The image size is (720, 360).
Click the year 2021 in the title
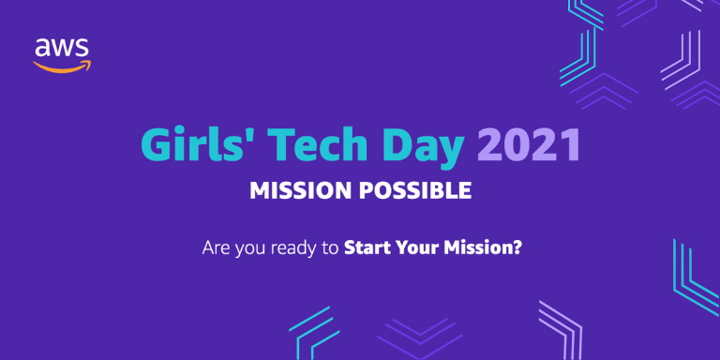tap(528, 146)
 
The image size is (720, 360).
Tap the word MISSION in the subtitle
tap(299, 191)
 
